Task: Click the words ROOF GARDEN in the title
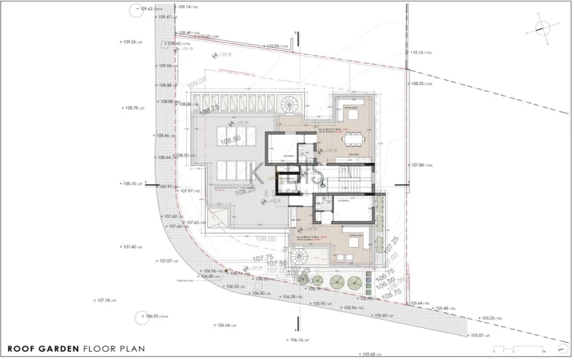pyautogui.click(x=43, y=348)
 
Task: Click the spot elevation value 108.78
pyautogui.click(x=131, y=108)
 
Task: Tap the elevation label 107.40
pyautogui.click(x=129, y=246)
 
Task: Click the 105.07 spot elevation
pyautogui.click(x=479, y=335)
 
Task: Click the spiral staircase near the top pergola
pyautogui.click(x=289, y=104)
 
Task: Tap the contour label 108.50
pyautogui.click(x=229, y=139)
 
